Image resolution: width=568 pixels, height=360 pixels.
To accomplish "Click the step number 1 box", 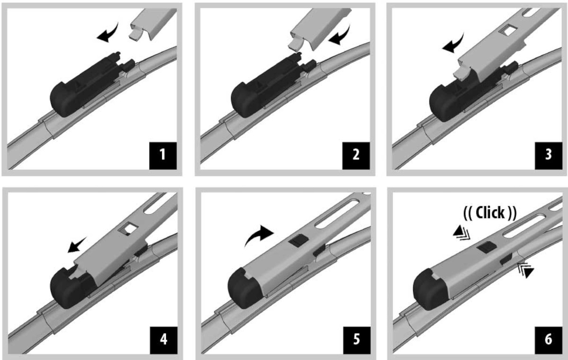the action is (x=163, y=156).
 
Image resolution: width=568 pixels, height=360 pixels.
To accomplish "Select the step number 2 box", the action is (x=356, y=156).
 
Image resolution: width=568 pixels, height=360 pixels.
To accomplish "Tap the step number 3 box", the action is (x=549, y=156).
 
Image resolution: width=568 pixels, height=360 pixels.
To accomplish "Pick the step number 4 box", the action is (x=164, y=340).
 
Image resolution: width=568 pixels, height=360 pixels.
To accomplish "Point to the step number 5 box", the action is (x=357, y=340).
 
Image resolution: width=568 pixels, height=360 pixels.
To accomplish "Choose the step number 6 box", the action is (x=549, y=340).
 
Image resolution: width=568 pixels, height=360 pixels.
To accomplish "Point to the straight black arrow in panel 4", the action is (x=77, y=245).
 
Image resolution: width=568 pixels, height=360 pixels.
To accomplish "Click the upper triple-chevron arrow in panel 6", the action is (x=461, y=233).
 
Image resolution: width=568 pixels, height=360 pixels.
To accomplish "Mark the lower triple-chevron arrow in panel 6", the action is (x=526, y=270).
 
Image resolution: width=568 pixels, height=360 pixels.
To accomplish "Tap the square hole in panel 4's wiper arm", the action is (x=128, y=229).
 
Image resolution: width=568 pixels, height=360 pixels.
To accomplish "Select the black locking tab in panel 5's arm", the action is (x=299, y=241).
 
